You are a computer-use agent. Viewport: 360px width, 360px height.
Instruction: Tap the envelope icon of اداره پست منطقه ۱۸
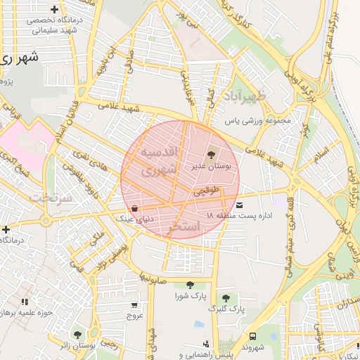241,205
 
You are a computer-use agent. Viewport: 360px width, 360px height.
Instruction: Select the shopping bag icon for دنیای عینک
134,209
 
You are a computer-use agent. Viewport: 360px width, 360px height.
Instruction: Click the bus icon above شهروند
252,335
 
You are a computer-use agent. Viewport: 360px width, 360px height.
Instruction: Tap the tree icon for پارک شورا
190,284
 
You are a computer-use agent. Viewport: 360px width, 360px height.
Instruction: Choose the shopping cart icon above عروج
134,305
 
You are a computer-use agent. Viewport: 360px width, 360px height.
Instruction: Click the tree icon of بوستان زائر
77,335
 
